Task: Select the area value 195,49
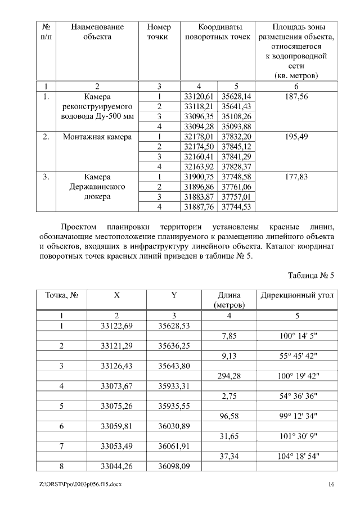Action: [296, 137]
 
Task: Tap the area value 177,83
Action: [296, 177]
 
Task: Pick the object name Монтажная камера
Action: [97, 137]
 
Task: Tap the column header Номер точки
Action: [159, 32]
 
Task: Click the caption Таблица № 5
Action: [311, 276]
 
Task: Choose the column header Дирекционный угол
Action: [296, 295]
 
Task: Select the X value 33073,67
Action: [117, 386]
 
